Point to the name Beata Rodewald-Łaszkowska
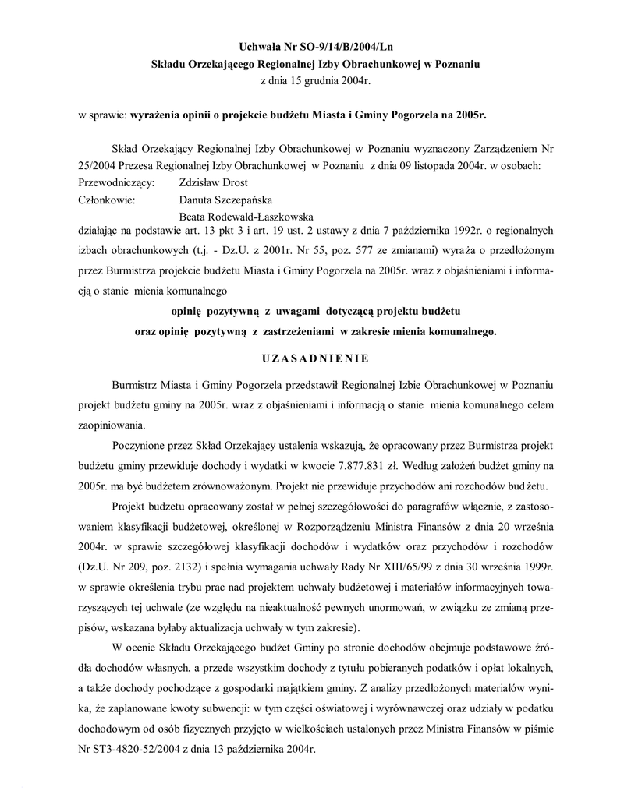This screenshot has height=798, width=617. [247, 216]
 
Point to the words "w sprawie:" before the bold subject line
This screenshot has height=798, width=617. [101, 115]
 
